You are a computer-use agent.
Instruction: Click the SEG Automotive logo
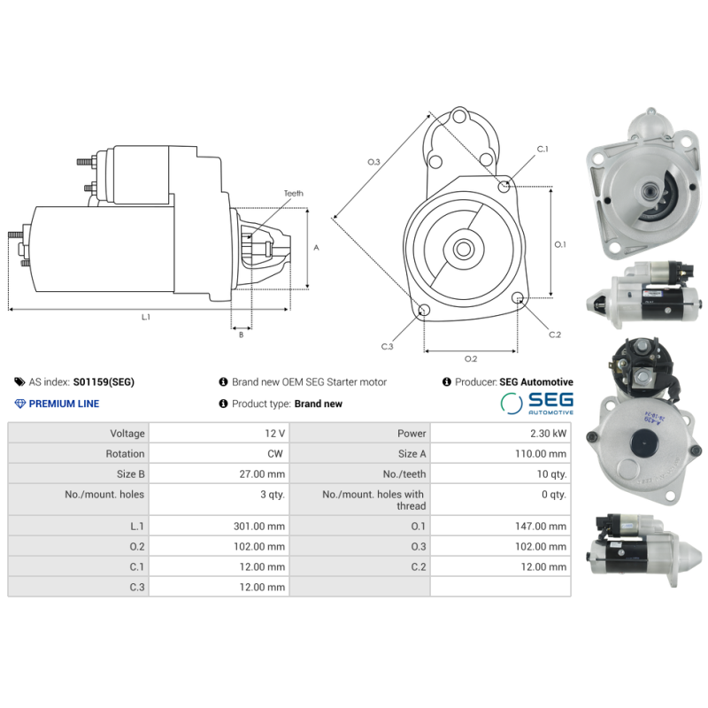pyautogui.click(x=537, y=404)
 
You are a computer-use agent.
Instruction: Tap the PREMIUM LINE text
pyautogui.click(x=64, y=404)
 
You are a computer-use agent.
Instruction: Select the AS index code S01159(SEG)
pyautogui.click(x=104, y=382)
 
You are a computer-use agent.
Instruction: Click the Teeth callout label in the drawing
pyautogui.click(x=293, y=193)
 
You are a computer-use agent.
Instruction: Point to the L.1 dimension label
pyautogui.click(x=145, y=317)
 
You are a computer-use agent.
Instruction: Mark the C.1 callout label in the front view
pyautogui.click(x=543, y=149)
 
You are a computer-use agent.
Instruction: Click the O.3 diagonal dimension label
pyautogui.click(x=373, y=162)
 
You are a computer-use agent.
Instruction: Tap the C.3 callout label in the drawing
pyautogui.click(x=387, y=346)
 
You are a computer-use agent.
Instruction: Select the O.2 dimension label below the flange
pyautogui.click(x=471, y=358)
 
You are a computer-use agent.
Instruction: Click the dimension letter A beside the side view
pyautogui.click(x=316, y=248)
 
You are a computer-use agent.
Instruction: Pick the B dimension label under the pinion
pyautogui.click(x=241, y=335)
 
